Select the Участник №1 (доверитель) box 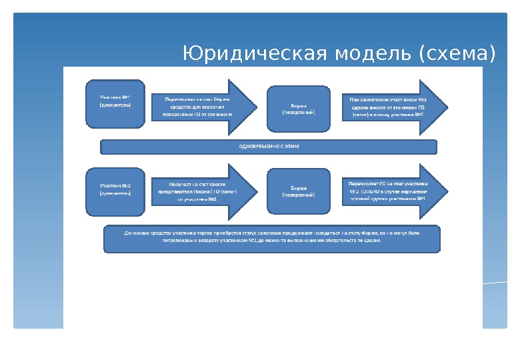(x=115, y=104)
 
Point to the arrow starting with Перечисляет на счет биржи (x=200, y=106)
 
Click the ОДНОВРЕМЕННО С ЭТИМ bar (x=268, y=147)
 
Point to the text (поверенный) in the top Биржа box (x=298, y=112)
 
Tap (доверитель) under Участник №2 (x=115, y=193)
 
